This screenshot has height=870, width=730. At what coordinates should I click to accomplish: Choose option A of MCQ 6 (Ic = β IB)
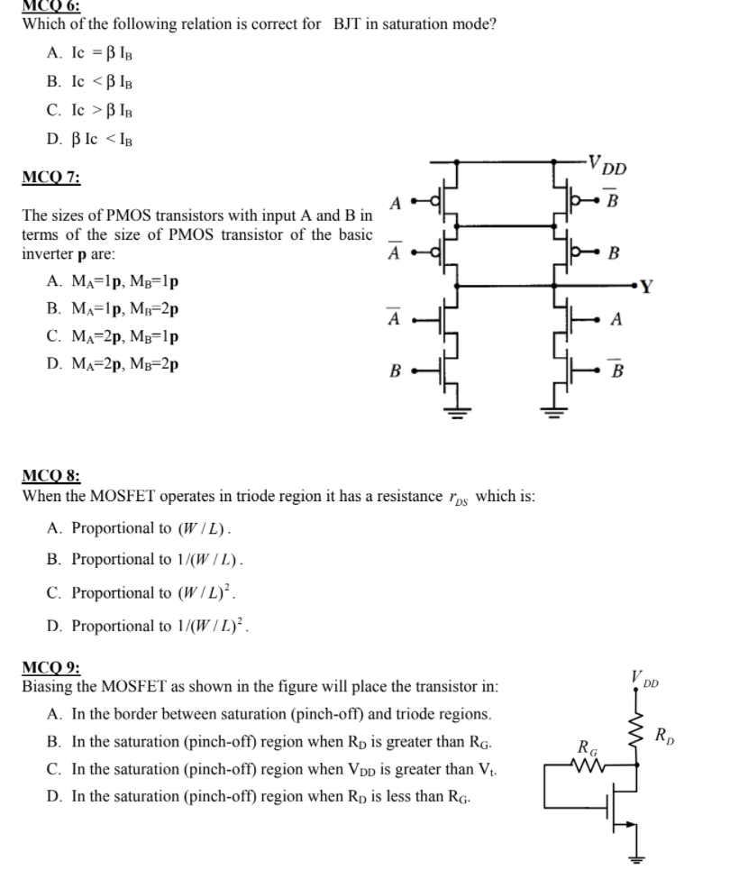point(91,53)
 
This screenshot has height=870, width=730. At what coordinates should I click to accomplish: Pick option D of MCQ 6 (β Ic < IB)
point(91,140)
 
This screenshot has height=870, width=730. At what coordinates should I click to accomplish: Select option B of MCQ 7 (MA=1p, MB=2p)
point(112,308)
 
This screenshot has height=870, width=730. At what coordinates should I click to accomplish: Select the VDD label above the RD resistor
point(645,677)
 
